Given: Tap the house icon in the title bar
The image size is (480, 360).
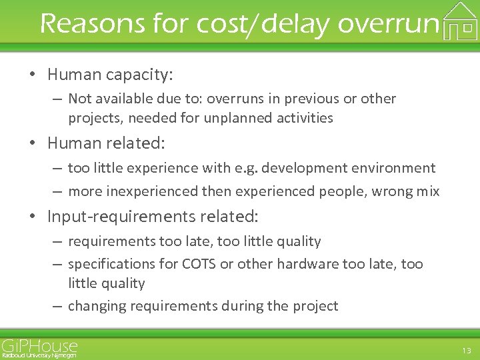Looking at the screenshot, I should click(460, 21).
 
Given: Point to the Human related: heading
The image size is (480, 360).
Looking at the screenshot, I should click(106, 143).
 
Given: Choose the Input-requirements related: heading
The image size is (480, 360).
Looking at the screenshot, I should click(153, 216).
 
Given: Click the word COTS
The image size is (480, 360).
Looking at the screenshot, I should click(199, 264).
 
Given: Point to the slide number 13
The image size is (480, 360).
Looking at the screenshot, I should click(466, 351).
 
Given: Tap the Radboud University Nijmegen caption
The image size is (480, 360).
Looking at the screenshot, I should click(39, 356).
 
